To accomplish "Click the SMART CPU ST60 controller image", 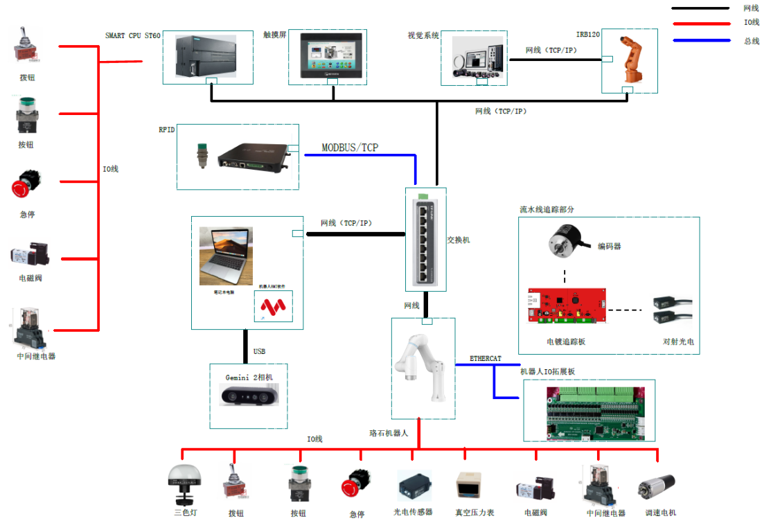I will (x=207, y=57).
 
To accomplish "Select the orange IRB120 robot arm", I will (x=630, y=61).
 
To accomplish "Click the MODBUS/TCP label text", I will (x=350, y=148).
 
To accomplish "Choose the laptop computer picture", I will (x=226, y=256).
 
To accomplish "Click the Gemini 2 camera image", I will (x=248, y=396).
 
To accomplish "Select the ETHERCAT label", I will (x=486, y=359).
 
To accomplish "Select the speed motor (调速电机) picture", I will (x=655, y=486).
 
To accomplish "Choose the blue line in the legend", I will (x=701, y=40).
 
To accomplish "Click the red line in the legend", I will (x=701, y=23).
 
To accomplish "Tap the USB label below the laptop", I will (x=259, y=351).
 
